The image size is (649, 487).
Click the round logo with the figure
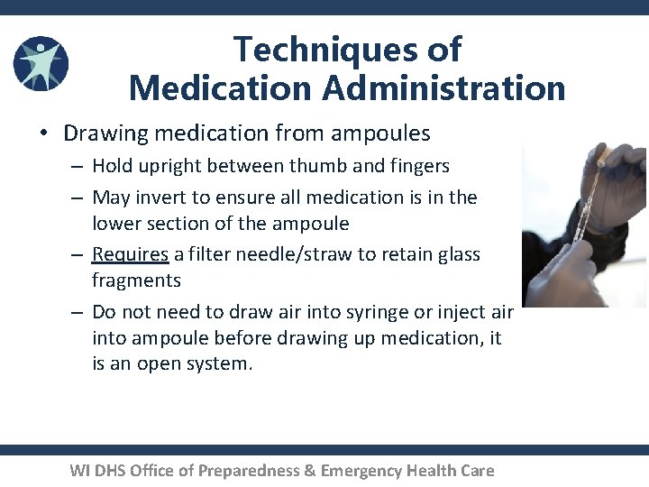[x=41, y=64]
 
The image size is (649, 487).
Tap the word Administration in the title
[x=438, y=88]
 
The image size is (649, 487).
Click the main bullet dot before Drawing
[x=43, y=134]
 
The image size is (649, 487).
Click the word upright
[x=172, y=166]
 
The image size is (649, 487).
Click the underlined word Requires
[x=130, y=255]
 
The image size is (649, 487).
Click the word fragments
[x=136, y=280]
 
